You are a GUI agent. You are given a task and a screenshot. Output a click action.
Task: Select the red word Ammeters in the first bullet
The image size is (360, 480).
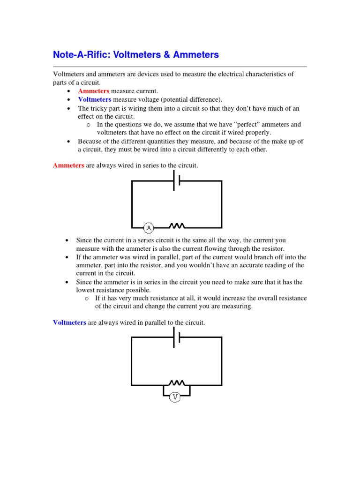94,90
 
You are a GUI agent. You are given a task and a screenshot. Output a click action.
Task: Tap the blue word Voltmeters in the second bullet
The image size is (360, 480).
95,99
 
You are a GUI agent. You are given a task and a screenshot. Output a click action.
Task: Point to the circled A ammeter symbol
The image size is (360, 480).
149,228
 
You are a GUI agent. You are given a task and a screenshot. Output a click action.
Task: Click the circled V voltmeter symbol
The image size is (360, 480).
175,397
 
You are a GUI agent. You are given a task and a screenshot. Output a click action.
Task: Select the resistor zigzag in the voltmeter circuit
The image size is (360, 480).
177,383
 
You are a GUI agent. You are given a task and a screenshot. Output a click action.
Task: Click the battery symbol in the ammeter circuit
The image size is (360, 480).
177,181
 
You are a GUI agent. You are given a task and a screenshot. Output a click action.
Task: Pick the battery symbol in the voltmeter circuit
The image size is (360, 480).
177,337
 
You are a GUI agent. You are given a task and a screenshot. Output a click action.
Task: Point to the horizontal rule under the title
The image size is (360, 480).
180,67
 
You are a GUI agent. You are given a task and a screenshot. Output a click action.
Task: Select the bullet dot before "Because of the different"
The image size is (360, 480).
69,142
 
